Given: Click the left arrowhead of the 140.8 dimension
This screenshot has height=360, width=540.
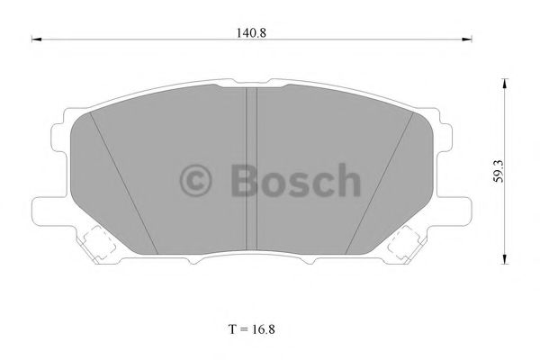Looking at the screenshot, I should [x=35, y=40].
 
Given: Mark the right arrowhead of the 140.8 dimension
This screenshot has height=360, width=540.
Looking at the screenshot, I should [x=468, y=40].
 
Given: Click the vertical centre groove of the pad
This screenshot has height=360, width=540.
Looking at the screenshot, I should [x=252, y=171].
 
